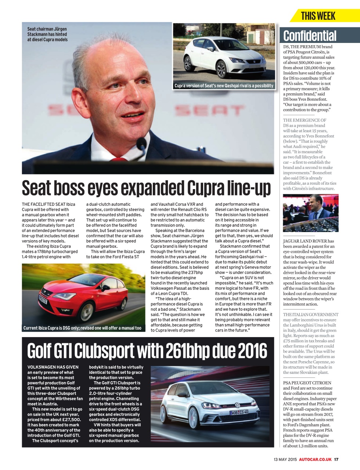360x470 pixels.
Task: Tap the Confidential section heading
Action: [x=310, y=36]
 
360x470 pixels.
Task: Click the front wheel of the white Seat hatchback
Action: [x=221, y=69]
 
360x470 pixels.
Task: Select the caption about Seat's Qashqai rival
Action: [x=224, y=86]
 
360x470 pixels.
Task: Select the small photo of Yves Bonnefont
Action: [x=310, y=213]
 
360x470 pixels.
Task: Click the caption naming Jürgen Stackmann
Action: [x=47, y=34]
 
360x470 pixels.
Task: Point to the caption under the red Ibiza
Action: [x=82, y=328]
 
